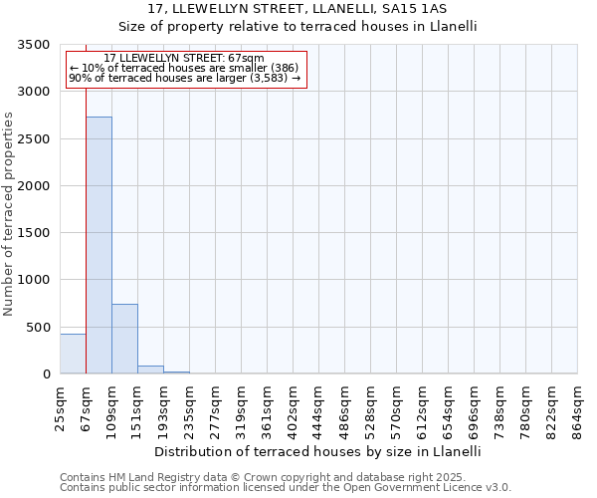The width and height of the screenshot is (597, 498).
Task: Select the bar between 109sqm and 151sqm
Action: click(124, 339)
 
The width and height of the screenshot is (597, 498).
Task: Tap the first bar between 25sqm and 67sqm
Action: click(73, 354)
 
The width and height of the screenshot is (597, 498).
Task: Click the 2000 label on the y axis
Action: click(35, 186)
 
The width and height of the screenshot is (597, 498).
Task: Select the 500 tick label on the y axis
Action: click(39, 328)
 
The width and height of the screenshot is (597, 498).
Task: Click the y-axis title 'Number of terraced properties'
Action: click(9, 213)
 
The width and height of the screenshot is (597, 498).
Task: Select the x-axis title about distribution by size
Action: click(318, 451)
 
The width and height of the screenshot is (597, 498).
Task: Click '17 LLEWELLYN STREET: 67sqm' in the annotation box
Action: click(184, 59)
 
